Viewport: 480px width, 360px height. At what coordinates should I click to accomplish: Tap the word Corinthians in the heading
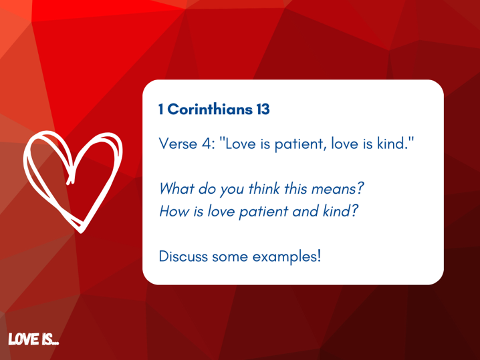click(x=210, y=109)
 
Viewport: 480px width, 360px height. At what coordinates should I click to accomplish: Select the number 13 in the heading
click(x=263, y=109)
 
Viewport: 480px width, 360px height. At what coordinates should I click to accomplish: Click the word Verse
click(x=178, y=144)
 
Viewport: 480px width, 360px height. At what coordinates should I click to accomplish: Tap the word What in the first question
click(x=176, y=188)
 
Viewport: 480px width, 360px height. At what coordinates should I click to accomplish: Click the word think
click(x=264, y=188)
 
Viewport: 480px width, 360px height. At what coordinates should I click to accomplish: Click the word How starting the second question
click(x=174, y=211)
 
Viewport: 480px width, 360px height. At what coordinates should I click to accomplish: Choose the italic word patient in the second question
click(x=263, y=212)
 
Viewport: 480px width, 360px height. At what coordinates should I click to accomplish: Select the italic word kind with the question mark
click(x=340, y=211)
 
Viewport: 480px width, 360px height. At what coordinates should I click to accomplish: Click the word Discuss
click(x=183, y=256)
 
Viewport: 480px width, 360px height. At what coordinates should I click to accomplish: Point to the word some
click(x=230, y=257)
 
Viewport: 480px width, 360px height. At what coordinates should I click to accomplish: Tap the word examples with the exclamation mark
click(x=287, y=257)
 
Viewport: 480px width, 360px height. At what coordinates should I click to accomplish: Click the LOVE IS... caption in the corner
click(x=33, y=339)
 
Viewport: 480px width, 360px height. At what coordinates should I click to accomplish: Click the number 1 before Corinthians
click(x=161, y=109)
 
